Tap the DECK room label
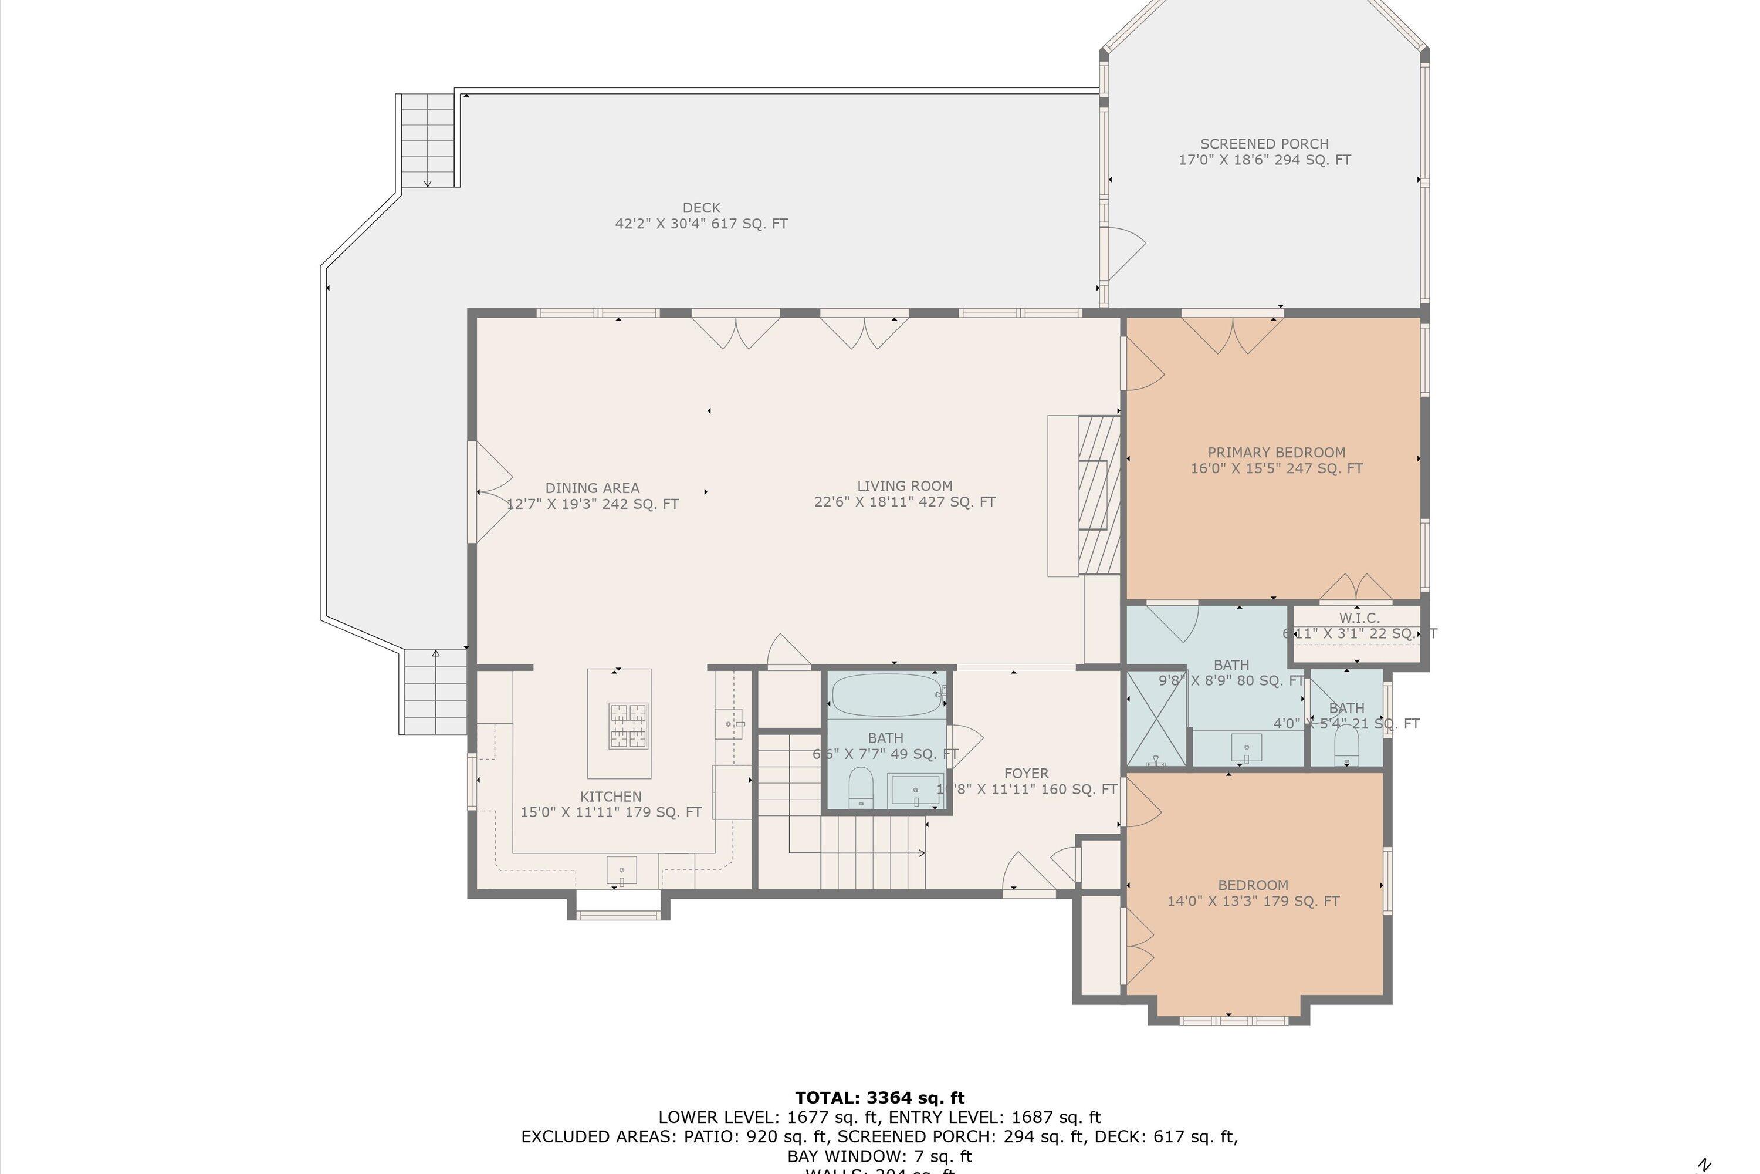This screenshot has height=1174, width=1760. [x=701, y=207]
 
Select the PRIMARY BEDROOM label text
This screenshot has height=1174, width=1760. [x=1276, y=452]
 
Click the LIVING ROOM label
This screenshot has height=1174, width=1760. [x=904, y=486]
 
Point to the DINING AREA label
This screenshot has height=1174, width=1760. [x=592, y=488]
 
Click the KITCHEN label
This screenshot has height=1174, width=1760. [x=611, y=797]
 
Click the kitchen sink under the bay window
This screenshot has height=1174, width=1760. [x=621, y=871]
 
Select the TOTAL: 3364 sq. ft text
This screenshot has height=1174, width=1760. [x=879, y=1098]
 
